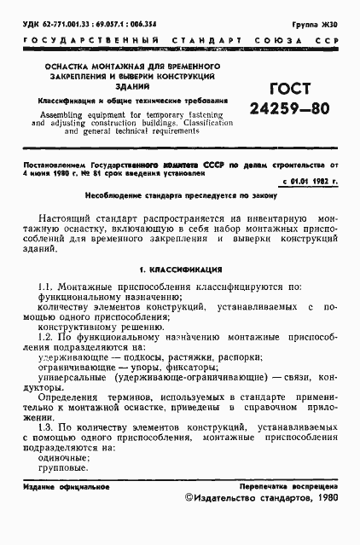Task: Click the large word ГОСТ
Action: tap(278, 89)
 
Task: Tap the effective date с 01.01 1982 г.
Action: tap(308, 183)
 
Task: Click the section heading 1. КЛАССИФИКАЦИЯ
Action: tap(179, 267)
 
